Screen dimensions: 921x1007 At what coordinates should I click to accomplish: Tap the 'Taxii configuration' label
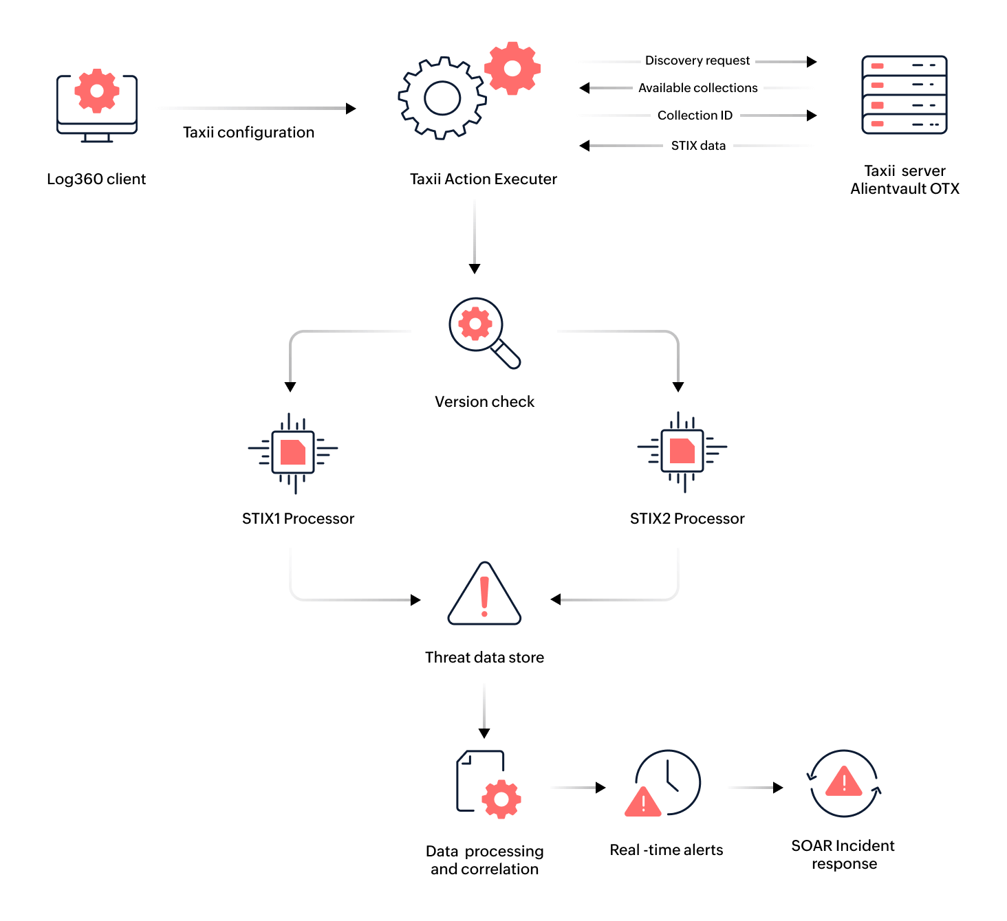click(248, 133)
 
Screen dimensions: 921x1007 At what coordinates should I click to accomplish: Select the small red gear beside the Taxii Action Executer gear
click(512, 68)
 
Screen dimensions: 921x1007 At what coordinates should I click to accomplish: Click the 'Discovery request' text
click(697, 60)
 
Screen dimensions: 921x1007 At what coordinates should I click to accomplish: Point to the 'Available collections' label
click(697, 88)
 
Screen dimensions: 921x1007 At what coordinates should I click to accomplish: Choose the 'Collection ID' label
click(695, 115)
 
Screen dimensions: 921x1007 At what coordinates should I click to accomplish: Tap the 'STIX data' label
click(698, 146)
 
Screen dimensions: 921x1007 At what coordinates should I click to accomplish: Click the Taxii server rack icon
click(905, 95)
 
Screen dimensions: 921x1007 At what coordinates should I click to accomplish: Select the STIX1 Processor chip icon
click(293, 452)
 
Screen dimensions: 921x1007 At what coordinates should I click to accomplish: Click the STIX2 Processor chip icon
click(682, 451)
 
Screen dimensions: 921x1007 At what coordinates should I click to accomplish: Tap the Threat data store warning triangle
click(484, 595)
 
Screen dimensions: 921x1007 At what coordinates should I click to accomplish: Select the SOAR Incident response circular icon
click(844, 784)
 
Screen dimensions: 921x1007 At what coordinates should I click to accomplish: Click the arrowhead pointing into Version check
click(475, 268)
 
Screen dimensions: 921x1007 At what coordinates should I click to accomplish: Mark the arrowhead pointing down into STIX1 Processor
click(290, 387)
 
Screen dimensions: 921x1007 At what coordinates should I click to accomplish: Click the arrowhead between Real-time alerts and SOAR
click(778, 788)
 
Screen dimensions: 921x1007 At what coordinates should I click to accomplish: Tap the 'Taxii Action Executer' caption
click(483, 179)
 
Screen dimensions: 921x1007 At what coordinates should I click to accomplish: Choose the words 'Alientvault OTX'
click(905, 189)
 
